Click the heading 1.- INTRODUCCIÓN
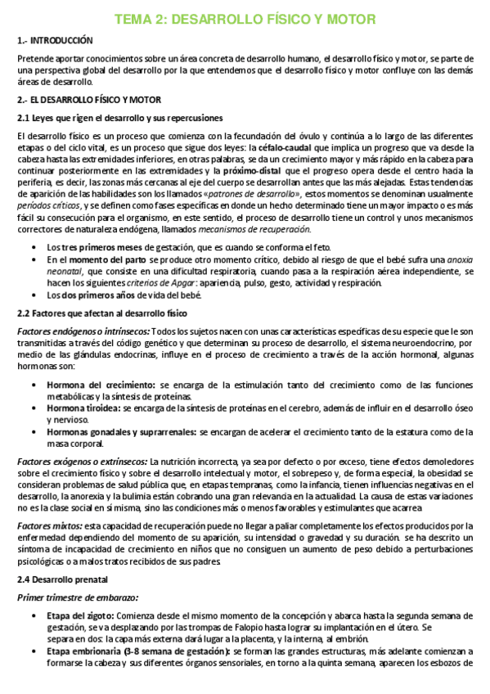point(55,40)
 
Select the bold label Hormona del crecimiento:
point(101,361)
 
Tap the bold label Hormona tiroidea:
point(84,385)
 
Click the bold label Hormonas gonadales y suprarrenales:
point(122,408)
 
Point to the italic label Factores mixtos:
point(50,502)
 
